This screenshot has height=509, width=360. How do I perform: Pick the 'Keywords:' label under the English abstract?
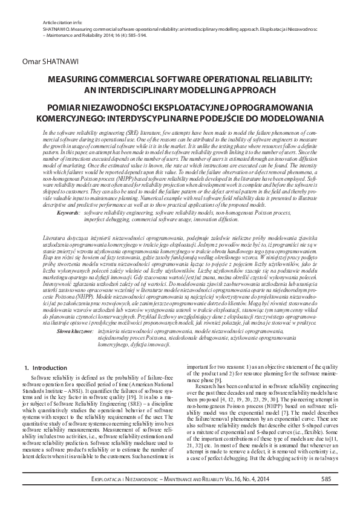click(x=67, y=213)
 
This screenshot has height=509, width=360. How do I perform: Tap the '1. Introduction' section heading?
click(x=45, y=368)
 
